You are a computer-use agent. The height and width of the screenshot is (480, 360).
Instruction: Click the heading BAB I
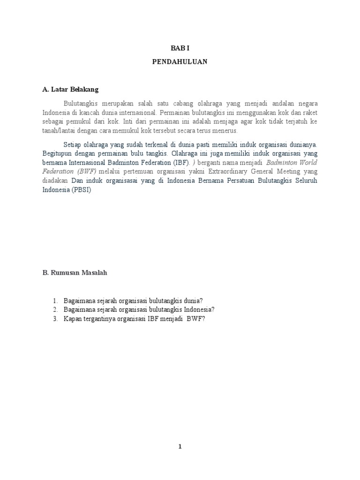(x=180, y=48)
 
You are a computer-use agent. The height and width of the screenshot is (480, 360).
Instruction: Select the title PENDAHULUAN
(x=180, y=61)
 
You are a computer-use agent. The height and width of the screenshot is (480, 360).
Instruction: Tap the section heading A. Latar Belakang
(x=70, y=89)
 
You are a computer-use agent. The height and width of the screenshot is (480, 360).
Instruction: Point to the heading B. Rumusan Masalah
(x=75, y=273)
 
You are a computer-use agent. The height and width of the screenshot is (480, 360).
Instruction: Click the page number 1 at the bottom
(x=180, y=447)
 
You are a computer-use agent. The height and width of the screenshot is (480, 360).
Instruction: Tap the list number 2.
(x=55, y=309)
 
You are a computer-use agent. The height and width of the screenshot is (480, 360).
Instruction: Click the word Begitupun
(x=58, y=153)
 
